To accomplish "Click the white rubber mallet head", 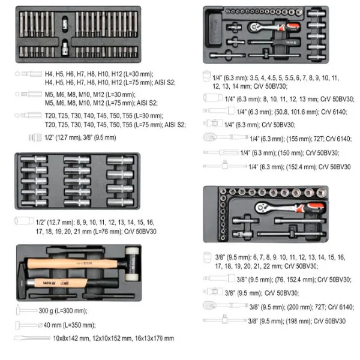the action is point(132,264).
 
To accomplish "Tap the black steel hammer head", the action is point(22,281).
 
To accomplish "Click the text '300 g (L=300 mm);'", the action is point(63,311).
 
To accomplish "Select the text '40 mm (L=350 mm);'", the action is point(70,325).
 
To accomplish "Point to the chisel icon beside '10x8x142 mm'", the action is point(32,338).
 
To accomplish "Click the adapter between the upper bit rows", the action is point(65,23).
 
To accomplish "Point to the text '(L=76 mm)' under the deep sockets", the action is point(107,232).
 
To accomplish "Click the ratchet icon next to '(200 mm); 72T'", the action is point(225,305).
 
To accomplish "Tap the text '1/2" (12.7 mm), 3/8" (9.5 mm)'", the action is point(80,138).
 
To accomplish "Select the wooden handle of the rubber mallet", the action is point(73,264).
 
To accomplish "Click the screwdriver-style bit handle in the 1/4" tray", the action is point(274,42).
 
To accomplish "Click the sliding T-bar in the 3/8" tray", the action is point(292,234).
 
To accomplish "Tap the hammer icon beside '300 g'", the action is point(26,310).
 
